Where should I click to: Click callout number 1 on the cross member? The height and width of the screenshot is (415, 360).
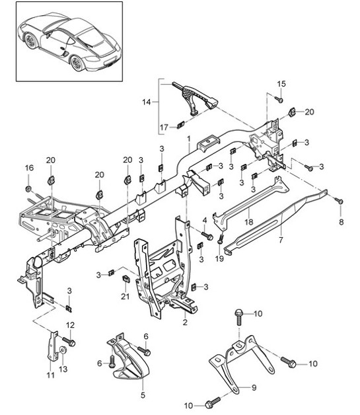click(x=188, y=140)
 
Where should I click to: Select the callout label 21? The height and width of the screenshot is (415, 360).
click(x=126, y=296)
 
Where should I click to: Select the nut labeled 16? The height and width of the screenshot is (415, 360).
click(x=28, y=189)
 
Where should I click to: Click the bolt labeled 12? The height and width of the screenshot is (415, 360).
click(x=72, y=342)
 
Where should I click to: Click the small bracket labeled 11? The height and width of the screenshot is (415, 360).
click(x=51, y=346)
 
